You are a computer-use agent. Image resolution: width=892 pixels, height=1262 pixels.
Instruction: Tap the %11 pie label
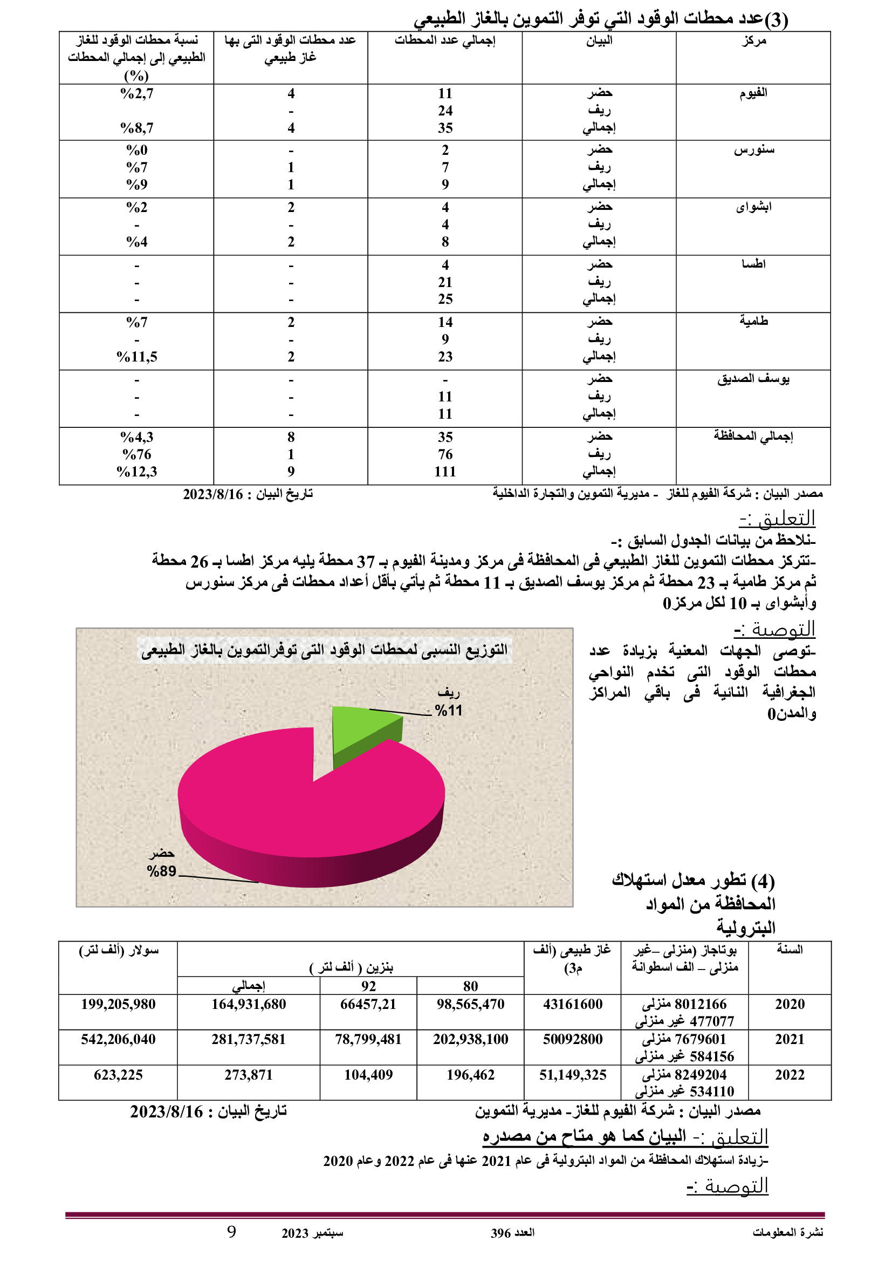point(448,711)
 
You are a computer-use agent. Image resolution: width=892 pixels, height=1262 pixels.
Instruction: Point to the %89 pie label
point(161,871)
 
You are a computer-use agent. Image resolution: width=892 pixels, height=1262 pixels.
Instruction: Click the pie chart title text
point(324,650)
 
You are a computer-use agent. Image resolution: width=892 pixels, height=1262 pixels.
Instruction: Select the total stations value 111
point(445,472)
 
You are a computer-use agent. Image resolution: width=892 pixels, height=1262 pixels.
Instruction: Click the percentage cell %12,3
point(137,472)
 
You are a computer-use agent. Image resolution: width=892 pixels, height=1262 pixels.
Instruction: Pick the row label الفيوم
point(753,93)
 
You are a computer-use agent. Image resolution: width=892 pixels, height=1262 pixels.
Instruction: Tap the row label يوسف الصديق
point(753,379)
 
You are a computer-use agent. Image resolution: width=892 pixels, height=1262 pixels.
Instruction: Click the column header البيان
point(599,40)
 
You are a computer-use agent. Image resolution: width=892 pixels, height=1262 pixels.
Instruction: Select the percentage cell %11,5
point(137,357)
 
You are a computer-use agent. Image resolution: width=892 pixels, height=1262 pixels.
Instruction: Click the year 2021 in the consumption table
point(790,1039)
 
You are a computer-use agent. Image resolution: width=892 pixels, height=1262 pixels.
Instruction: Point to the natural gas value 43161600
point(572,1004)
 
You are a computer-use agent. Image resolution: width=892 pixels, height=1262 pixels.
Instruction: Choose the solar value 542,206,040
point(118,1039)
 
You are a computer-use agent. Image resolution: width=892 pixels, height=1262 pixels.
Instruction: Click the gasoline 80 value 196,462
point(470,1075)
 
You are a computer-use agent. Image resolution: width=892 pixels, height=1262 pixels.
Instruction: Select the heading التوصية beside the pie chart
point(774,629)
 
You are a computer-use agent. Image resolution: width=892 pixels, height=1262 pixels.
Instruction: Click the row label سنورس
point(753,150)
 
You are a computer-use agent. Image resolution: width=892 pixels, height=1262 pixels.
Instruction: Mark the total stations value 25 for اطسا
point(445,299)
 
